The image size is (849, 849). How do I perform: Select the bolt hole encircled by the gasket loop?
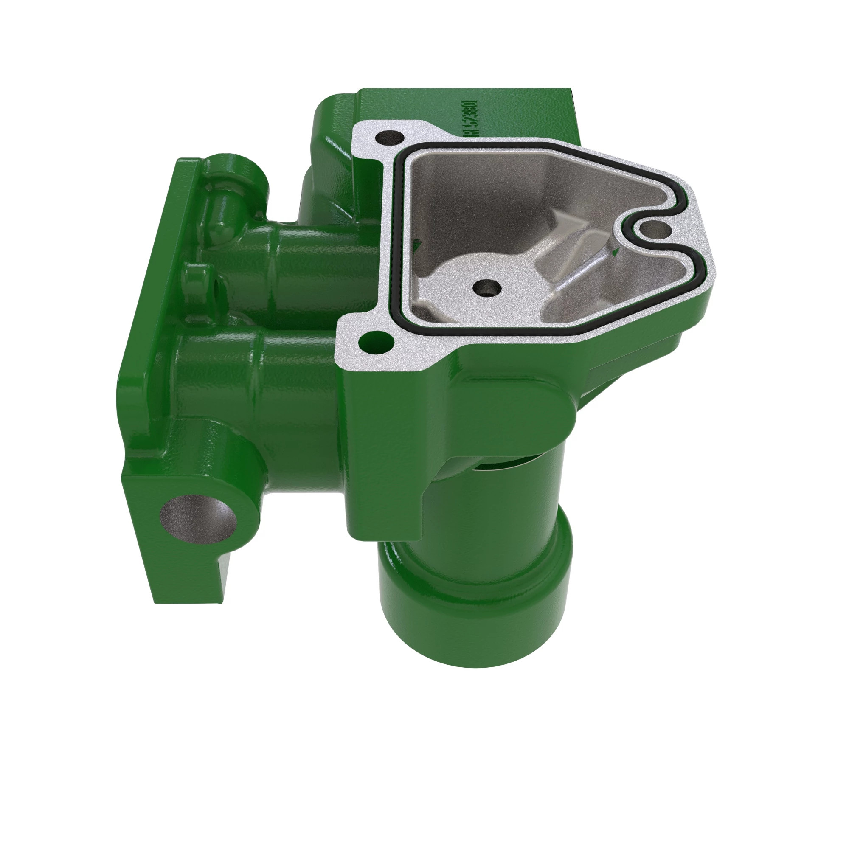655,229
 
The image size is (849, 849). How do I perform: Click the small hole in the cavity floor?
487,288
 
